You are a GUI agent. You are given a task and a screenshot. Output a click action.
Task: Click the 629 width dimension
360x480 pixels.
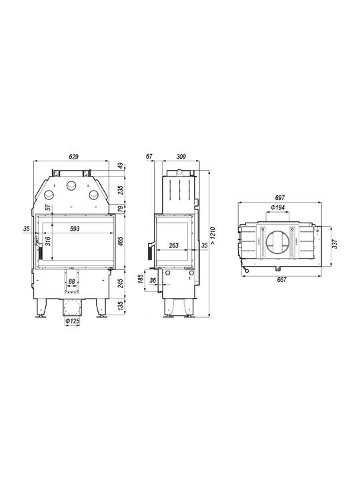pyautogui.click(x=74, y=157)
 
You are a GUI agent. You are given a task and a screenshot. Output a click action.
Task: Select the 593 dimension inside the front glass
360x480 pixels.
pyautogui.click(x=75, y=229)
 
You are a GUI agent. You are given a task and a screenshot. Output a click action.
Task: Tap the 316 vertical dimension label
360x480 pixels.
pyautogui.click(x=47, y=241)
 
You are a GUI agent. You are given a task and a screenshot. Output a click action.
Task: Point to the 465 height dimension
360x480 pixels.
pyautogui.click(x=121, y=241)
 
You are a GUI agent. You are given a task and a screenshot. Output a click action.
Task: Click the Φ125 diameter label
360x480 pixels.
pyautogui.click(x=73, y=321)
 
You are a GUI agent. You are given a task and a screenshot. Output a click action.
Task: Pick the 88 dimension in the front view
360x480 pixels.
pyautogui.click(x=71, y=281)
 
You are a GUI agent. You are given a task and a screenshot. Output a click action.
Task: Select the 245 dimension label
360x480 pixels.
pyautogui.click(x=121, y=283)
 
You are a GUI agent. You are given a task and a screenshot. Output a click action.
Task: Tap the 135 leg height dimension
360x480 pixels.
pyautogui.click(x=121, y=305)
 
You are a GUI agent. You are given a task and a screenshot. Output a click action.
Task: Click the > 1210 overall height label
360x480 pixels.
pyautogui.click(x=213, y=235)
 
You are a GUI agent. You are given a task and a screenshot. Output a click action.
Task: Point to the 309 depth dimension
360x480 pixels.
pyautogui.click(x=181, y=157)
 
